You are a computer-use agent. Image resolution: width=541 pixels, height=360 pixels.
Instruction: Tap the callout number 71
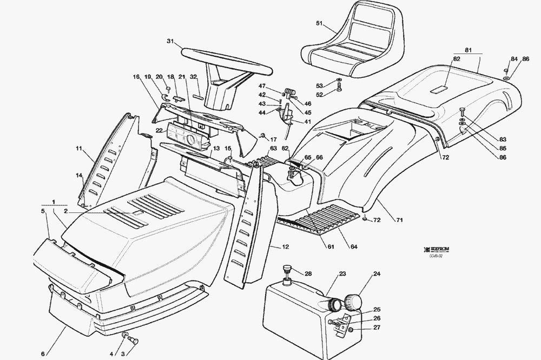(400, 220)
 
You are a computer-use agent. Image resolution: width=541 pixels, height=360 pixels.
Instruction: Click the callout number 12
(286, 247)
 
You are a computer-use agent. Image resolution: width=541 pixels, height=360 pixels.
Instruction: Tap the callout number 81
(469, 50)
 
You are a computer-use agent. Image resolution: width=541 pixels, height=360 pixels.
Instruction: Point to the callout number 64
(354, 247)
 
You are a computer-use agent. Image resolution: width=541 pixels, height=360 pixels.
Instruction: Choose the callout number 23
(342, 274)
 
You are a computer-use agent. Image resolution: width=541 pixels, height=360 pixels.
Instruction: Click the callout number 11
(78, 148)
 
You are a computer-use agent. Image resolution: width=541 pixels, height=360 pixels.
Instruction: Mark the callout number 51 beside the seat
(319, 23)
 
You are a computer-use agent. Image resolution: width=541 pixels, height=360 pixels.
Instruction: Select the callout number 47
(262, 86)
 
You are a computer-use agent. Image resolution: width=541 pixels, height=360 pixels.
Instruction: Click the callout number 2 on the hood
(65, 211)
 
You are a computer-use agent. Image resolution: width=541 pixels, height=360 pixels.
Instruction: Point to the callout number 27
(377, 328)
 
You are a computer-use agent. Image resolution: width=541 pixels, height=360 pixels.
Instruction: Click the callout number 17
(274, 139)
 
